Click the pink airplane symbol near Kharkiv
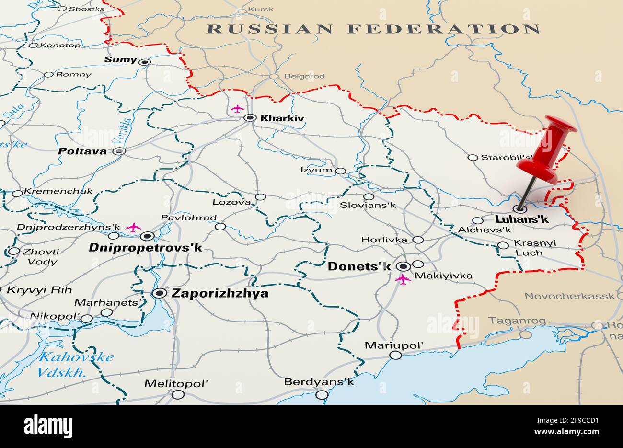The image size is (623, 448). pos(237,109)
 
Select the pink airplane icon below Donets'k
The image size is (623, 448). pos(403,279)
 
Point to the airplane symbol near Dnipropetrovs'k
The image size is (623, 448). pos(133,227)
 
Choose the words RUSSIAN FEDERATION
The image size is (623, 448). pos(373,29)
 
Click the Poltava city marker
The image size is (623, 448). pos(120,151)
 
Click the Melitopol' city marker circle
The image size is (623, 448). pos(178,394)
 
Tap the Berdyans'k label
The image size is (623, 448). pos(319,382)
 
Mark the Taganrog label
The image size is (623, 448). pos(510,321)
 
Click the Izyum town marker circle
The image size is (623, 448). pos(340,171)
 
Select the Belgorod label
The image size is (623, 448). pos(304,76)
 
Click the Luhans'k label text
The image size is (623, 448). pos(521,219)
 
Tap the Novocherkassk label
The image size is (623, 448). pos(569,296)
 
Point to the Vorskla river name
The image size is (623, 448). pos(120,130)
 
